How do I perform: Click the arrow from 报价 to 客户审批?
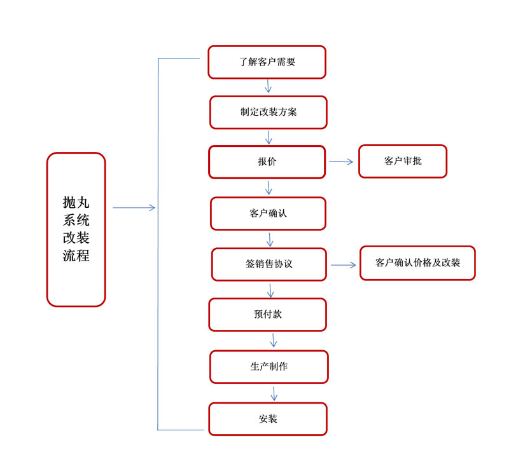coord(341,161)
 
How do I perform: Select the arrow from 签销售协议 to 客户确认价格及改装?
coord(344,265)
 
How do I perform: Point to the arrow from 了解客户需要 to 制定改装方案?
coord(268,86)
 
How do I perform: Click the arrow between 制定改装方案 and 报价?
coord(268,137)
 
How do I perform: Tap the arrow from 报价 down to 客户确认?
coord(268,188)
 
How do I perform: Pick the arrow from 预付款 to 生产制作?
coord(274,340)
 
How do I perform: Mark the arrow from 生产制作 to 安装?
coord(274,393)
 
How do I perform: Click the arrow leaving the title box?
coord(134,208)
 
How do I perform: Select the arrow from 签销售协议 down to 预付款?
coord(270,290)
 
